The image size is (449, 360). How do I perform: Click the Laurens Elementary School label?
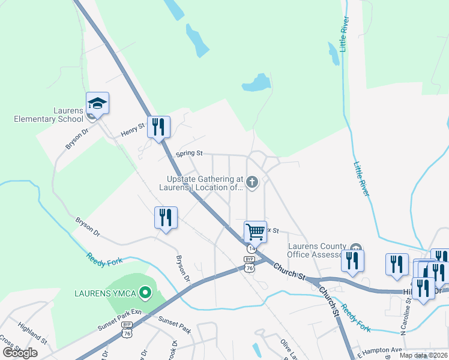click(x=49, y=115)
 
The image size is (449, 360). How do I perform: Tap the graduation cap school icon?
click(x=97, y=104)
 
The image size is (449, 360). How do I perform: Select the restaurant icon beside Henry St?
click(x=159, y=127)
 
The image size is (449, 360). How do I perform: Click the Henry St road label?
click(x=134, y=128)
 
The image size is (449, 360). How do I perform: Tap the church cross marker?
click(x=253, y=182)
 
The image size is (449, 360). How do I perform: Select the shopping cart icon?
click(x=255, y=231)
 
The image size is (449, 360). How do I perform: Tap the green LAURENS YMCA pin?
click(x=145, y=293)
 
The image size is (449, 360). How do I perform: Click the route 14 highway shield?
click(x=252, y=248)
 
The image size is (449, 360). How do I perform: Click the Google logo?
click(x=20, y=352)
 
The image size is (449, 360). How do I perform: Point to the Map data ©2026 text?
click(x=423, y=355)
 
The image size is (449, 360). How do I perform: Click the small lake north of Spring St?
click(x=257, y=83)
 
